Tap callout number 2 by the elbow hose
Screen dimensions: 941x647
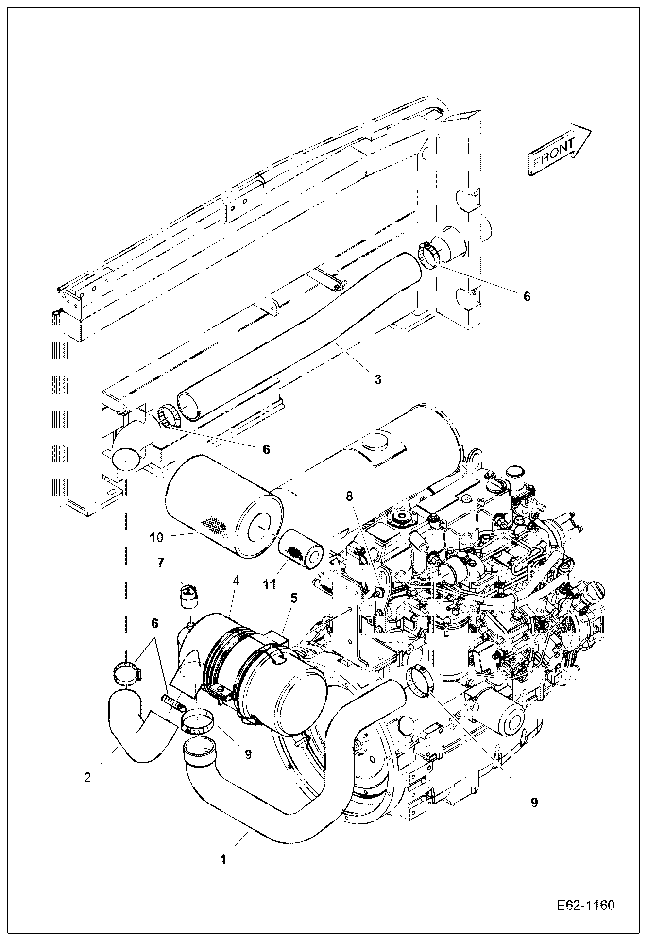[x=87, y=777]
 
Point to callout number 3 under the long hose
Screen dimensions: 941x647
[x=377, y=379]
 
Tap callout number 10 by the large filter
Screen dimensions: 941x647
[x=156, y=537]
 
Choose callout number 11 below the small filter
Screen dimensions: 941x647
[x=270, y=584]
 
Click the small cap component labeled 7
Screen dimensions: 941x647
[x=187, y=596]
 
